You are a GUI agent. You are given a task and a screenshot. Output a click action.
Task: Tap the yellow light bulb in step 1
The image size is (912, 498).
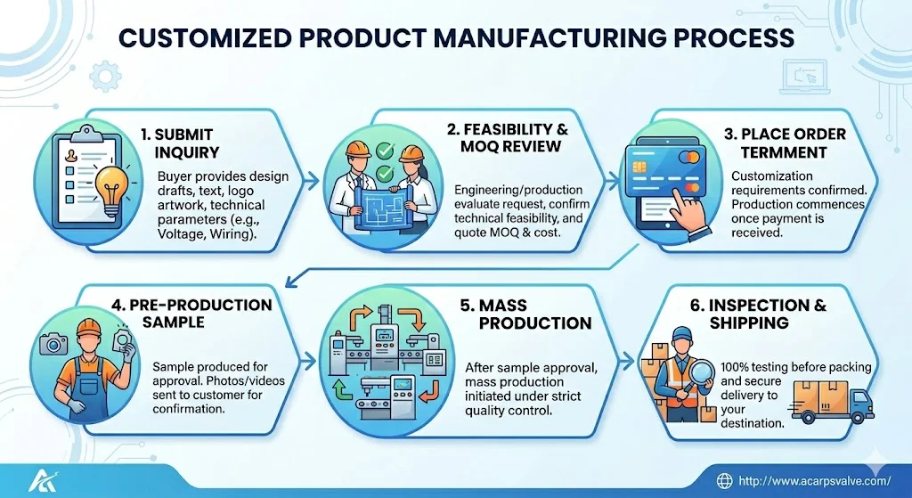pyautogui.click(x=112, y=185)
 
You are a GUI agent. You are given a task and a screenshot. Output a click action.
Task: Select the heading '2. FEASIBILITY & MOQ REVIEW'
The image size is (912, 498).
pyautogui.click(x=507, y=137)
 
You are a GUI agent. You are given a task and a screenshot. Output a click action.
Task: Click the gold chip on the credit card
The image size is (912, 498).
pyautogui.click(x=639, y=167)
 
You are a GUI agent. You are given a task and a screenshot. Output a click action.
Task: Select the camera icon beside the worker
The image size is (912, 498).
pyautogui.click(x=53, y=345)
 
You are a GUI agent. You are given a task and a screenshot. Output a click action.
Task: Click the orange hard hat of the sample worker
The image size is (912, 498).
pyautogui.click(x=88, y=328)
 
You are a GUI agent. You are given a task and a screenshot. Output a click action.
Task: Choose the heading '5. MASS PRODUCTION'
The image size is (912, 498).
pyautogui.click(x=525, y=314)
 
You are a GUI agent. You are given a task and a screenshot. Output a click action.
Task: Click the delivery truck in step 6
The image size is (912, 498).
pyautogui.click(x=833, y=402)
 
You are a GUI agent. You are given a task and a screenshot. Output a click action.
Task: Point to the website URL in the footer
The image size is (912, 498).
pyautogui.click(x=814, y=481)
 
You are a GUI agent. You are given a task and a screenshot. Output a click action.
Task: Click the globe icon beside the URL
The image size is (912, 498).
pyautogui.click(x=724, y=480)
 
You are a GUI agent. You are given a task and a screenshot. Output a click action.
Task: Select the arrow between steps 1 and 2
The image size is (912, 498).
pyautogui.click(x=312, y=181)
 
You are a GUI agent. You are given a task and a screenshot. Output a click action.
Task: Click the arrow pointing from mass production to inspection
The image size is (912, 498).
pyautogui.click(x=626, y=361)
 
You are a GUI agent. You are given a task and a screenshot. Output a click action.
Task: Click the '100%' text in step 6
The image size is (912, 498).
pyautogui.click(x=734, y=367)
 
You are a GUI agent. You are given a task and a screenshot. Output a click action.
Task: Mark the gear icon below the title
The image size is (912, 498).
pyautogui.click(x=106, y=77)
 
